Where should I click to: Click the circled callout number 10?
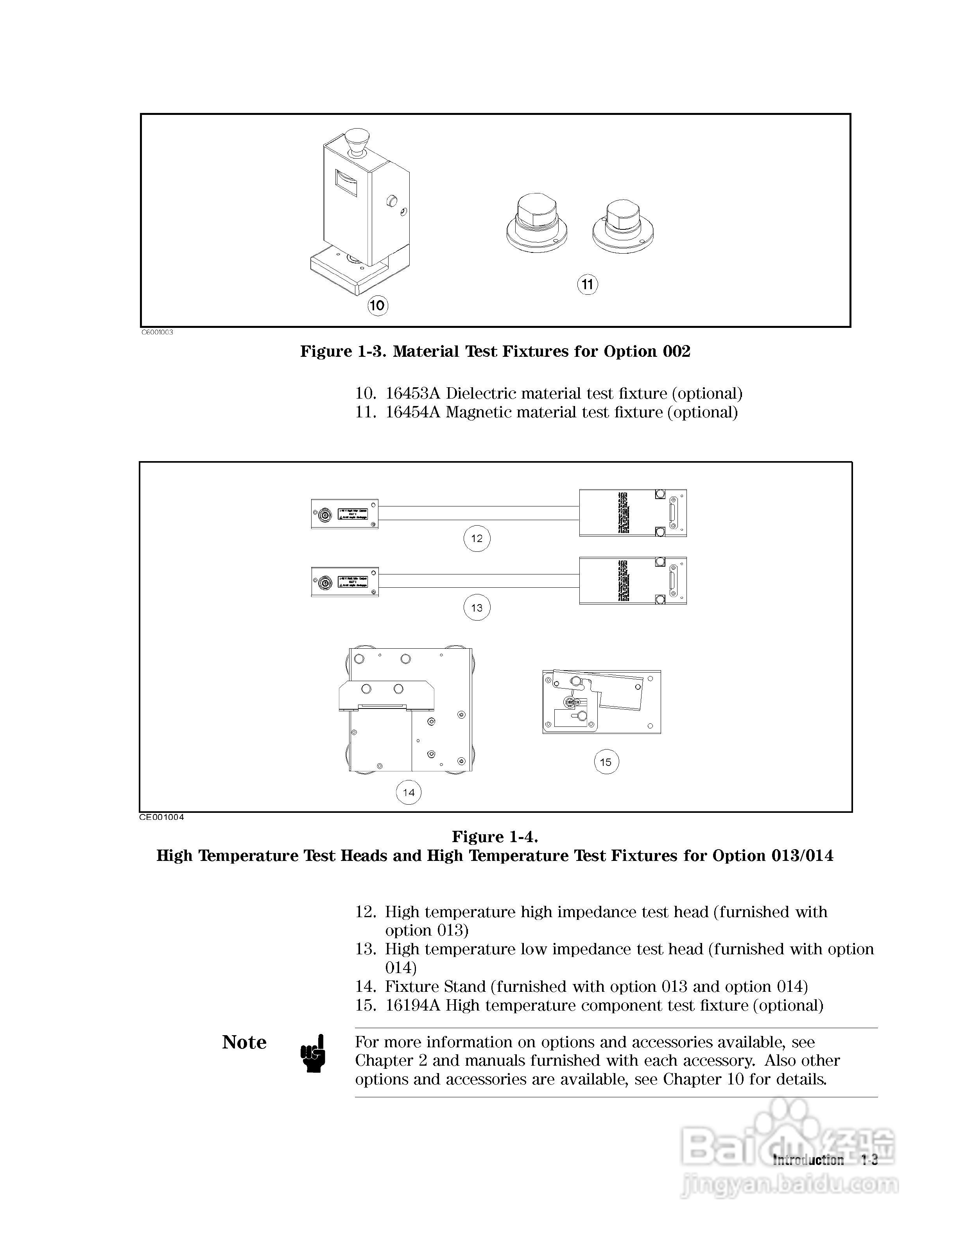pyautogui.click(x=377, y=306)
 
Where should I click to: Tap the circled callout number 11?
pyautogui.click(x=587, y=284)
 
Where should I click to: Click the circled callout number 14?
pyautogui.click(x=409, y=793)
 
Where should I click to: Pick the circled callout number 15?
pyautogui.click(x=606, y=762)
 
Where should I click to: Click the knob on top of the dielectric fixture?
pyautogui.click(x=355, y=141)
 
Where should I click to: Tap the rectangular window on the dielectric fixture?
pyautogui.click(x=346, y=183)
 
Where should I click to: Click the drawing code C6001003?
pyautogui.click(x=157, y=332)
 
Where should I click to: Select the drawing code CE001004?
pyautogui.click(x=161, y=817)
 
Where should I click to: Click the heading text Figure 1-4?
pyautogui.click(x=495, y=837)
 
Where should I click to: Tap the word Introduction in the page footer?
pyautogui.click(x=808, y=1160)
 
